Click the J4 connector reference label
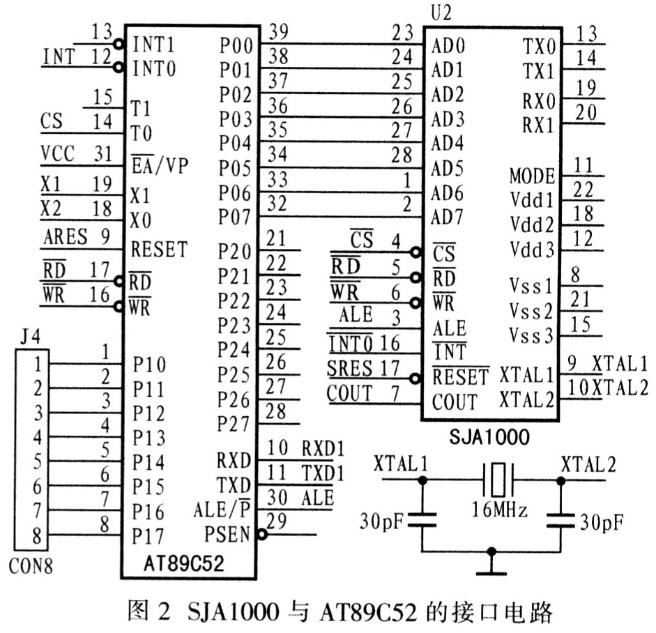[31, 340]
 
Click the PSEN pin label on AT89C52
[227, 535]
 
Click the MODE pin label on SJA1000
[532, 175]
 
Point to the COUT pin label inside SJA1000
[455, 402]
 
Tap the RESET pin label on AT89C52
[159, 248]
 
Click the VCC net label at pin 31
[58, 153]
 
